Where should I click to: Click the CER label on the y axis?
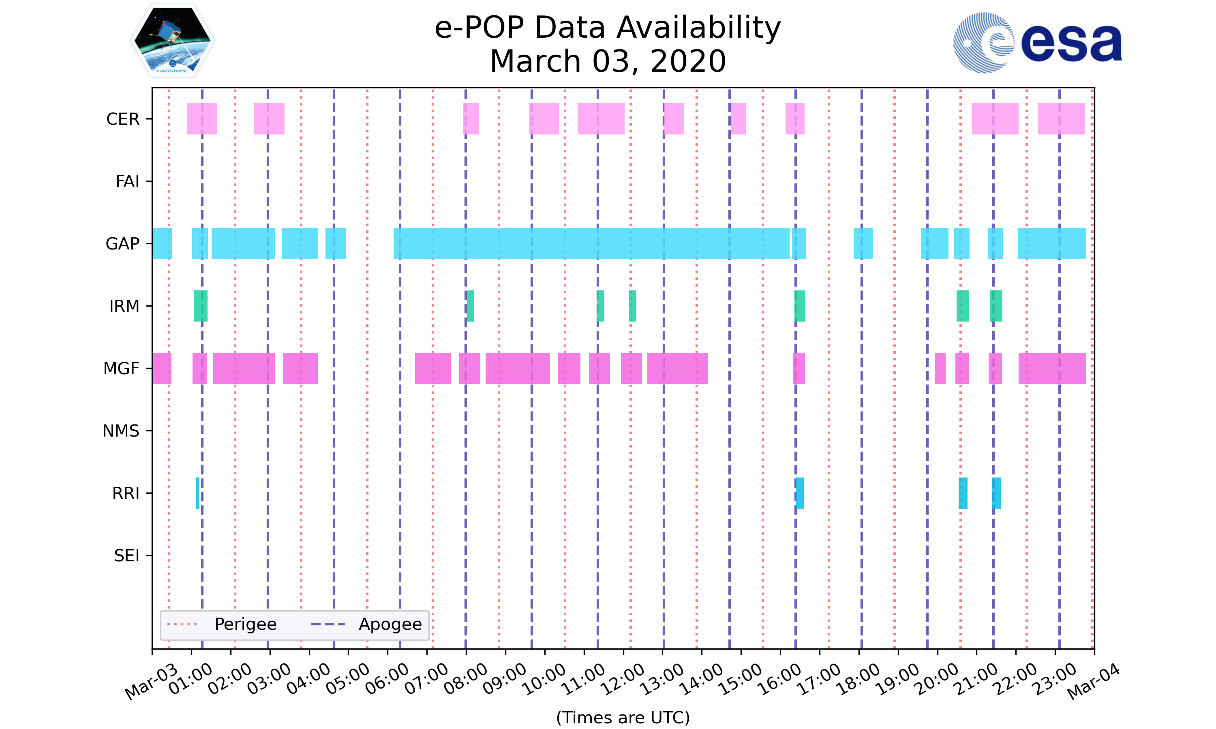(x=122, y=119)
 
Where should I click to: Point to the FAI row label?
(x=127, y=181)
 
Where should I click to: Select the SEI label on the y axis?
(x=126, y=556)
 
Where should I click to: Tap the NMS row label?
(x=120, y=431)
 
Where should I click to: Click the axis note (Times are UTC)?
(x=623, y=718)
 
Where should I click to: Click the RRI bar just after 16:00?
(x=800, y=493)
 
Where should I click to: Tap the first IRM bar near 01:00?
(x=200, y=306)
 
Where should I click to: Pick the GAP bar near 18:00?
(x=863, y=244)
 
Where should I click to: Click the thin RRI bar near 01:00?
(x=197, y=493)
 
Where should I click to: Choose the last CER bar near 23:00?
(x=1061, y=119)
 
